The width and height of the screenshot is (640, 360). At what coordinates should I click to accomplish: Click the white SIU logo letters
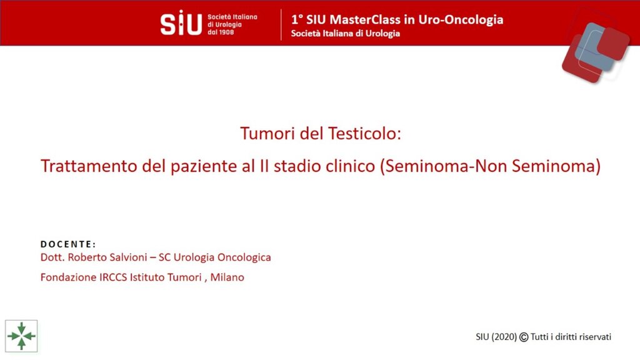(181, 23)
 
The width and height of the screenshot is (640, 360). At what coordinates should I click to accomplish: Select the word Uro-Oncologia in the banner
(461, 20)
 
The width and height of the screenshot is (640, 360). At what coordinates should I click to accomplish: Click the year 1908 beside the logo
(226, 32)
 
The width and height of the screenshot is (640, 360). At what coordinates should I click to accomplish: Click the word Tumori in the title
(267, 134)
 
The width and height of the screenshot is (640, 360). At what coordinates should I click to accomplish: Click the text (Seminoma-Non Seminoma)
(490, 166)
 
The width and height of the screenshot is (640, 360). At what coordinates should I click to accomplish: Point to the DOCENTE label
(68, 244)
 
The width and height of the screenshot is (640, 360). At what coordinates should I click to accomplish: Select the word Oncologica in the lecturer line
(244, 257)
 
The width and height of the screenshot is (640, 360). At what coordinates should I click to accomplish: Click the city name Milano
(227, 277)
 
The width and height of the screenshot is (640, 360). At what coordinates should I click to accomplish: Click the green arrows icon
(21, 336)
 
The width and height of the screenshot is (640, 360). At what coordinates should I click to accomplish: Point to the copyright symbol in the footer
(524, 337)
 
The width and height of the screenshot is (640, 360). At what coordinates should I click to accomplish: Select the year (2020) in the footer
(504, 337)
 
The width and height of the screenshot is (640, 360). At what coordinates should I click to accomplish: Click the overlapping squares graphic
(596, 52)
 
